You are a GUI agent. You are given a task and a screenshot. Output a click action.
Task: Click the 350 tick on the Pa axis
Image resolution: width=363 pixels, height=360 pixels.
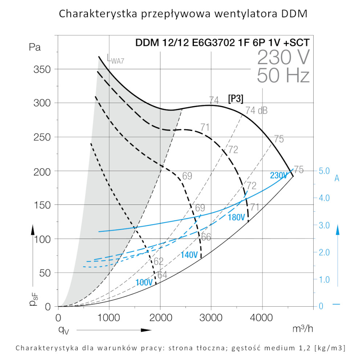pyautogui.click(x=43, y=69)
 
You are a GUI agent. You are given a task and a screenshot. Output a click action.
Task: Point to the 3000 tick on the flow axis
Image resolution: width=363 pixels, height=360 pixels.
pyautogui.click(x=211, y=318)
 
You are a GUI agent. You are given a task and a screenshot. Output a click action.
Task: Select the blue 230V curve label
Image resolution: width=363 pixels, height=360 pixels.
pyautogui.click(x=279, y=175)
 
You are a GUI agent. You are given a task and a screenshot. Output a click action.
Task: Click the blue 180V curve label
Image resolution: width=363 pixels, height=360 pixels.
pyautogui.click(x=237, y=218)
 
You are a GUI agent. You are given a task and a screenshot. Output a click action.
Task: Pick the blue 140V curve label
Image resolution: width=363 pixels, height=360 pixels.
pyautogui.click(x=189, y=255)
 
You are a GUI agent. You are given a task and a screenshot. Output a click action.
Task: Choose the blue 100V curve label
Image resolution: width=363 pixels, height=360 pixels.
pyautogui.click(x=144, y=282)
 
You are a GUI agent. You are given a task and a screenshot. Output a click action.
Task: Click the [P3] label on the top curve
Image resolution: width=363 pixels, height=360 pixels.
pyautogui.click(x=236, y=99)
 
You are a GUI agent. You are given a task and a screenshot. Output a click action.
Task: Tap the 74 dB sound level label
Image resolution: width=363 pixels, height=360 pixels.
pyautogui.click(x=256, y=111)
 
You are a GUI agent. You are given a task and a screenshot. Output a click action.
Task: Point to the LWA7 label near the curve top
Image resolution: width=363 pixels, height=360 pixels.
pyautogui.click(x=115, y=59)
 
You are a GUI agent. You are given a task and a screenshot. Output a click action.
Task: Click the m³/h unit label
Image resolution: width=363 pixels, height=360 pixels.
pyautogui.click(x=302, y=328)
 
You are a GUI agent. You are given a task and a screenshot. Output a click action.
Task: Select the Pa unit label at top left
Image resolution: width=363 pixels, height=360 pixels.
pyautogui.click(x=35, y=47)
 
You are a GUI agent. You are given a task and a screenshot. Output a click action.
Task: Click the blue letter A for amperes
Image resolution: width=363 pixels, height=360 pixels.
pyautogui.click(x=337, y=178)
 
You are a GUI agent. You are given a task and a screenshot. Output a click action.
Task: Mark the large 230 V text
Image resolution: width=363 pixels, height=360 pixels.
pyautogui.click(x=284, y=57)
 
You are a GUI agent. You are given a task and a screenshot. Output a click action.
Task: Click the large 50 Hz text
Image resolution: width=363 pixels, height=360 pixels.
pyautogui.click(x=283, y=76)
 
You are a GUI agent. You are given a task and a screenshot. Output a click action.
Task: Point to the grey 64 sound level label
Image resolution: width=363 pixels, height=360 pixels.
pyautogui.click(x=162, y=275)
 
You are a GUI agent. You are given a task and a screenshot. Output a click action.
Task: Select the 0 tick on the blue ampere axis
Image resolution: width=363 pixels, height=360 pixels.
pyautogui.click(x=321, y=306)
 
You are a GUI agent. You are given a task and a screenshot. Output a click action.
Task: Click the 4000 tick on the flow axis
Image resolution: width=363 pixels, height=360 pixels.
pyautogui.click(x=262, y=318)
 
